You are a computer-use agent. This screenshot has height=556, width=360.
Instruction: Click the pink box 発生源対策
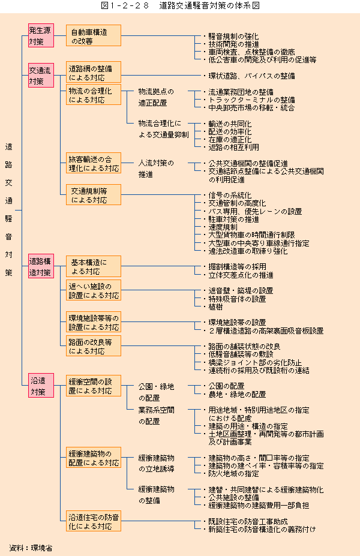point(41,35)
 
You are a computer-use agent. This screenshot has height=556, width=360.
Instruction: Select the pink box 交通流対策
point(41,75)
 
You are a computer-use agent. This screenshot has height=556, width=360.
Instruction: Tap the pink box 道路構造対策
point(41,266)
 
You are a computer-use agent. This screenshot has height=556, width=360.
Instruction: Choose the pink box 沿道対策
point(41,386)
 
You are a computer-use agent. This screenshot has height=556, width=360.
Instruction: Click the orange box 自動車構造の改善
point(94,35)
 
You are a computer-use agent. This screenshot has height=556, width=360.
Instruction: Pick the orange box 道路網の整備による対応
point(94,73)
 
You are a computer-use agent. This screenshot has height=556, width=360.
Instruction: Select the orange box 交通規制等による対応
point(94,195)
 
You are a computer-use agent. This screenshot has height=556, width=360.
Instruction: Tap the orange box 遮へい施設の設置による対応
point(94,290)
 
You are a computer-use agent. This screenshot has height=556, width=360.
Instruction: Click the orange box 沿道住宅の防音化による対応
point(94,521)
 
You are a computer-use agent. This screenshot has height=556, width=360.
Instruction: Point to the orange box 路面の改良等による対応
point(94,346)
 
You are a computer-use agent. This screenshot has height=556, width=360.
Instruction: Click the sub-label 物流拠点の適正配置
point(156,97)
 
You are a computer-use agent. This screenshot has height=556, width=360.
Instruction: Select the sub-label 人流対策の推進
point(156,169)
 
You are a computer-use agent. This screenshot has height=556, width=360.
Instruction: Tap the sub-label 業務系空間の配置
point(156,416)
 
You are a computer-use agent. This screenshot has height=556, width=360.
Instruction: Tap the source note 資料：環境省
point(31,548)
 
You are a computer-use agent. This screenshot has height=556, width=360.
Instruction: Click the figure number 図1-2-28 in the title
point(125,6)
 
